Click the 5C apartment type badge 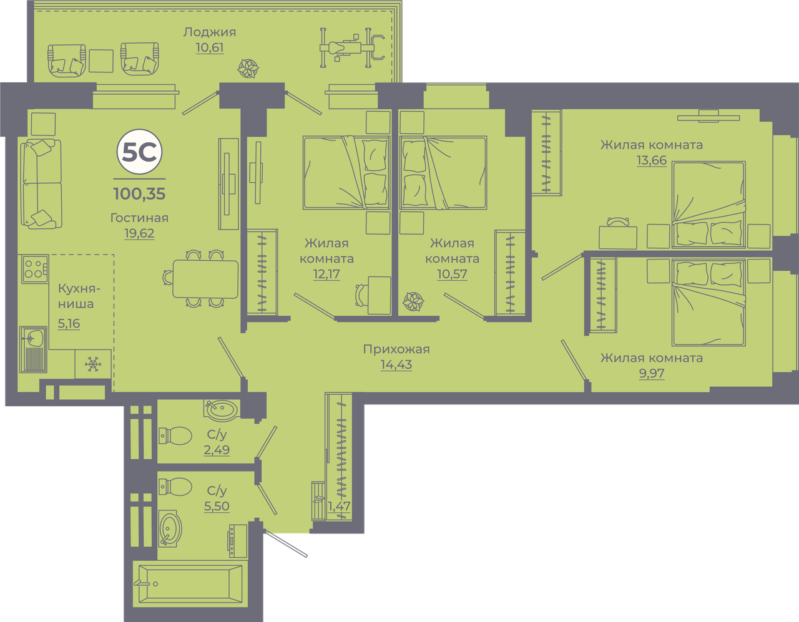click(139, 152)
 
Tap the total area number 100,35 click(139, 193)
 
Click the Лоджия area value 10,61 click(210, 47)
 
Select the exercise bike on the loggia click(352, 48)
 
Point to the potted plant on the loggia click(248, 69)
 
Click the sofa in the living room click(41, 184)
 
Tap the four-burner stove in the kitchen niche click(35, 269)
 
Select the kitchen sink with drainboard click(33, 349)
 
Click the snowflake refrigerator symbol click(92, 364)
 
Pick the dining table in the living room click(205, 278)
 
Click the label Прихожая click(396, 349)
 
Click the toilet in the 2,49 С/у click(175, 435)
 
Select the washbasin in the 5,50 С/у click(170, 528)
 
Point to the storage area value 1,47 click(339, 506)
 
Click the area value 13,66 click(652, 160)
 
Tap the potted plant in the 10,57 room click(413, 301)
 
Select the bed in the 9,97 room click(708, 303)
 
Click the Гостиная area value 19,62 click(139, 233)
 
